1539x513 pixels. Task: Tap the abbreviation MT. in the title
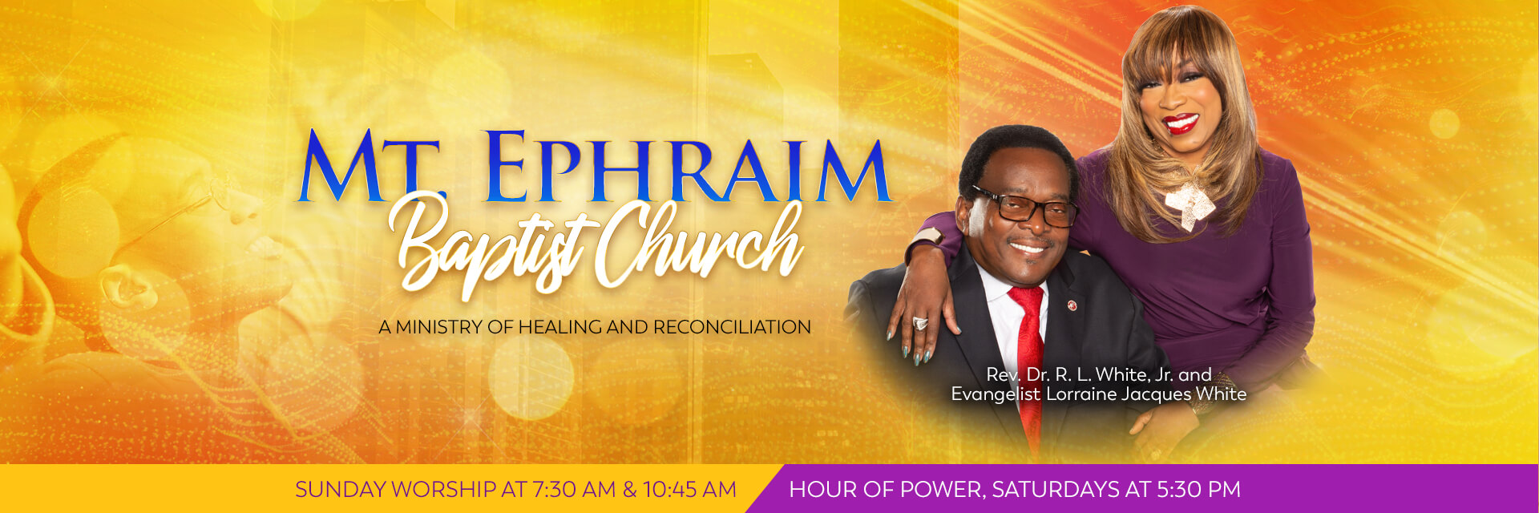(370, 166)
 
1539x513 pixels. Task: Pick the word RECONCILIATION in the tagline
(732, 327)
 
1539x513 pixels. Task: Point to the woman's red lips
(1180, 123)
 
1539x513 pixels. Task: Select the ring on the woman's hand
(919, 323)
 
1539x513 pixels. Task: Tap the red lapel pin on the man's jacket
(1071, 305)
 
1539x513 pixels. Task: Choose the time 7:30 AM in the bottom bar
(574, 489)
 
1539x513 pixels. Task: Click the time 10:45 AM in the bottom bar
(689, 489)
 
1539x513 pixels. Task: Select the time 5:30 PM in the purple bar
(1198, 489)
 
